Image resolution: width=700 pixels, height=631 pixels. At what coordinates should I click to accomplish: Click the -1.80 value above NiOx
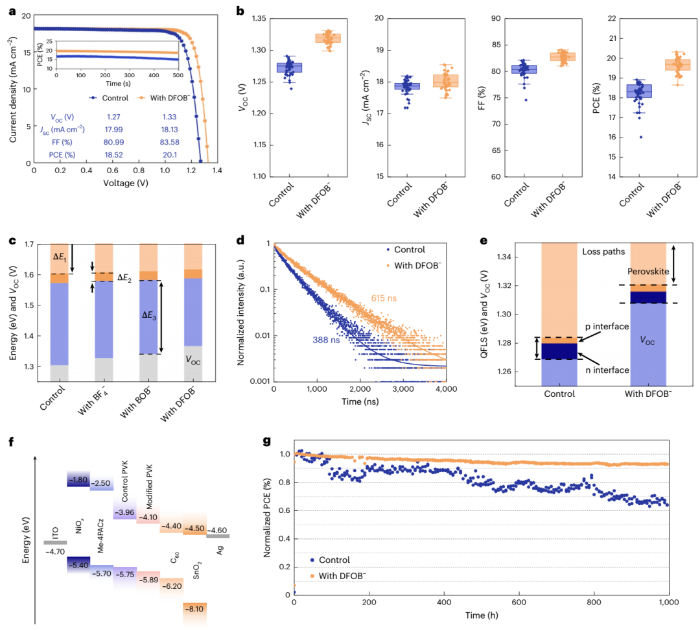click(x=78, y=480)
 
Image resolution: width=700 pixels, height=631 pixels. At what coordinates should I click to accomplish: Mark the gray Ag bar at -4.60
click(x=218, y=536)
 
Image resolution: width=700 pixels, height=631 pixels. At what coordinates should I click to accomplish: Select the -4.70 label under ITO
click(x=54, y=551)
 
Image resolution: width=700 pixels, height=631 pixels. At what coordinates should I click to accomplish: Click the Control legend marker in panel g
click(x=313, y=560)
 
